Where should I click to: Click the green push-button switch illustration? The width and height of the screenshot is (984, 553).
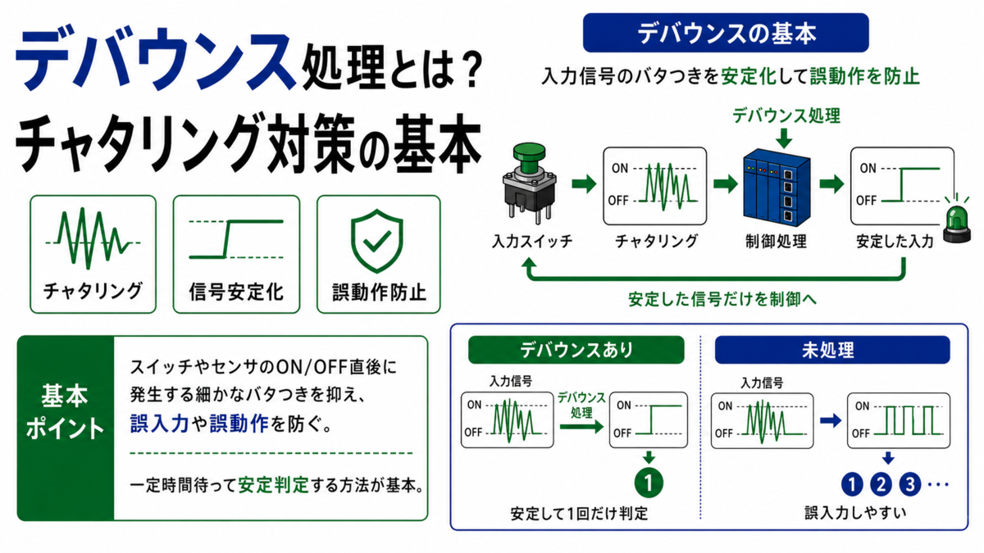[x=530, y=182]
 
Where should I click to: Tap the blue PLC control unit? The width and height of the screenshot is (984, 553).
[x=777, y=187]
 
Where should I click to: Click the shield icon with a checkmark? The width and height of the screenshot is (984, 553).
[x=376, y=241]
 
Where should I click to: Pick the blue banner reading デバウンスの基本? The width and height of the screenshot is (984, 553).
[x=726, y=33]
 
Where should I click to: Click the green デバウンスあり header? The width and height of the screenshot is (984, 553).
[x=576, y=350]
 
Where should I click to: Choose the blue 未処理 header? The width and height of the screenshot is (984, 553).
[x=832, y=350]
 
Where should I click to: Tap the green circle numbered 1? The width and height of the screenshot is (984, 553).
[x=649, y=483]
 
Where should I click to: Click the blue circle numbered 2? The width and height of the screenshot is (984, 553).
[x=881, y=484]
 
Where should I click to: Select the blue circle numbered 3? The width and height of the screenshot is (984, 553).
[x=909, y=484]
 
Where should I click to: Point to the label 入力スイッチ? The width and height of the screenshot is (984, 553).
[x=532, y=242]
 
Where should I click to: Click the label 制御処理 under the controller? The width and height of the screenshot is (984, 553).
[x=777, y=242]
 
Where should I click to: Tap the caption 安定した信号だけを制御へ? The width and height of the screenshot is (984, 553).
[x=722, y=299]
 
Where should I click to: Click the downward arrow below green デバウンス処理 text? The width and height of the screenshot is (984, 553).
[x=784, y=138]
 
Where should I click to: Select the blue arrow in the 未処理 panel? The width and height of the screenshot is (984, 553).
[x=830, y=421]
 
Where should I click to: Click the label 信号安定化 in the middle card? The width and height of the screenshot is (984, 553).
[x=236, y=292]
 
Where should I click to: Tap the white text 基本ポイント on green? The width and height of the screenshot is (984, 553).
[x=65, y=411]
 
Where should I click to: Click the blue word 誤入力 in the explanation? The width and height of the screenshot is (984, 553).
[x=159, y=424]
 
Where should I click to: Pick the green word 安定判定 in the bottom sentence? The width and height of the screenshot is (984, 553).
[x=273, y=485]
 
